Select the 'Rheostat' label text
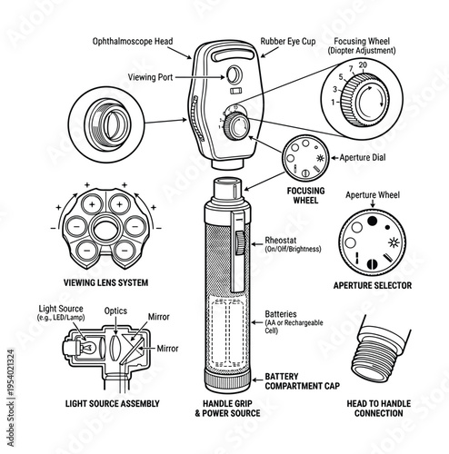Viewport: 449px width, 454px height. (x=280, y=240)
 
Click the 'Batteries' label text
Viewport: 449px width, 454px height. (x=280, y=314)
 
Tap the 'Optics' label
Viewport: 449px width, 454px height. (x=115, y=311)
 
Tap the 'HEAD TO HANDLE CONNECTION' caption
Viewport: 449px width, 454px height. (x=376, y=408)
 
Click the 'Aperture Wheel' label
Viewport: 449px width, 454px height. (x=374, y=194)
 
